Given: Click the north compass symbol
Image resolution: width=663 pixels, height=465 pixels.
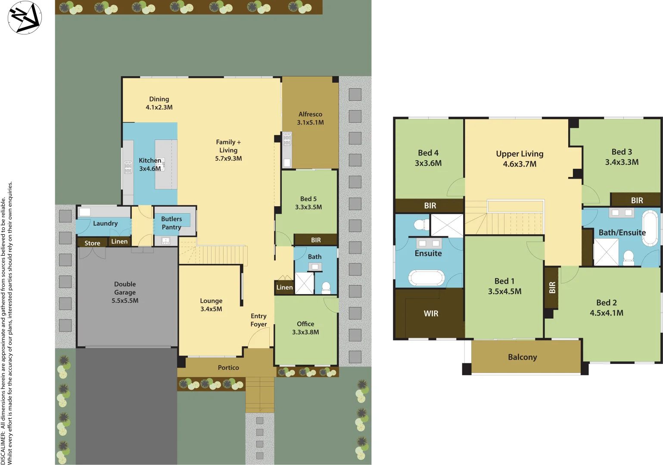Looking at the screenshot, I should [x=25, y=17].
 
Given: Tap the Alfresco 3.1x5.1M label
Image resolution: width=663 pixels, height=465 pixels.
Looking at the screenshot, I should [x=310, y=118].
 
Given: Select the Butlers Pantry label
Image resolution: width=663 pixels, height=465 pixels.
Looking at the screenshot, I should [x=171, y=223].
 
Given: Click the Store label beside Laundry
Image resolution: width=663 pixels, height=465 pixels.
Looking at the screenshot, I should [x=92, y=243].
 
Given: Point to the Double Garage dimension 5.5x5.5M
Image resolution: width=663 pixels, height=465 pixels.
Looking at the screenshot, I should [x=125, y=301].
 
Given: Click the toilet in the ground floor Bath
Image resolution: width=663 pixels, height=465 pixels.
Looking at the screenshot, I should [x=326, y=288].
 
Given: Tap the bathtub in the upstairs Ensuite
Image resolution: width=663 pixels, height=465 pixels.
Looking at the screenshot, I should [x=426, y=278].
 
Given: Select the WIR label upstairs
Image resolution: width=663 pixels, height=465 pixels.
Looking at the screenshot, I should [x=431, y=313].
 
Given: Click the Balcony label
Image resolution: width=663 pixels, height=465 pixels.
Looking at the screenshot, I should [x=522, y=357].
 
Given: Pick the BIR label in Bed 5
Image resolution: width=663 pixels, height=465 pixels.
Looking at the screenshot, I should [x=316, y=240].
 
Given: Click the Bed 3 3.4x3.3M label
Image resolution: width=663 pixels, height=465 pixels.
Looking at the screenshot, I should [x=622, y=157].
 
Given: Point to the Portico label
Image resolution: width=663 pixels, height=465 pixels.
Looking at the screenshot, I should [x=228, y=368].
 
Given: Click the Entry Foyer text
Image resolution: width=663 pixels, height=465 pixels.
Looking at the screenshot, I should [x=258, y=320].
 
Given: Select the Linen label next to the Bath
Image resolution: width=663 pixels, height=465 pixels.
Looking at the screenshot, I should [x=284, y=287].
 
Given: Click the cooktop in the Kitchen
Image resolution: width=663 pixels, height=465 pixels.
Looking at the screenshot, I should [x=128, y=167].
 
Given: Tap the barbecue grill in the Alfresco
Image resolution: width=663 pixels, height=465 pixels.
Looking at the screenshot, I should [x=287, y=139].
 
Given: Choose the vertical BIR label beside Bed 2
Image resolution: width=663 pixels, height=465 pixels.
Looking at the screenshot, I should [x=552, y=287].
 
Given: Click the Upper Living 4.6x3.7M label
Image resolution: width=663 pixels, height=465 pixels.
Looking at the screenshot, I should [x=520, y=158].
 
